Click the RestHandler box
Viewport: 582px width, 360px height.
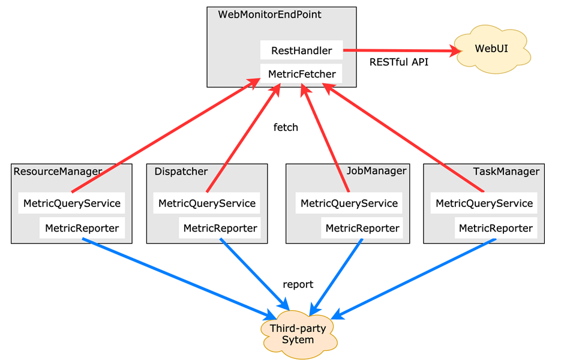point(301,51)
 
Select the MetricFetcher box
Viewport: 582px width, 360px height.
point(302,74)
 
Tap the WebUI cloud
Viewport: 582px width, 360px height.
point(491,49)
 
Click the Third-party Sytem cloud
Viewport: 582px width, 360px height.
point(298,334)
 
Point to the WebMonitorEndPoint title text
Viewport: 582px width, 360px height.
point(269,14)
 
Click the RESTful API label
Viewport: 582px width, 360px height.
point(399,62)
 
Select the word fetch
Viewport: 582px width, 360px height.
point(286,127)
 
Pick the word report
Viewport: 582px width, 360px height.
point(298,284)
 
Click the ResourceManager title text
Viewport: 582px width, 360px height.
point(58,172)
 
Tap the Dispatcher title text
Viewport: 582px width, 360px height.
point(181,172)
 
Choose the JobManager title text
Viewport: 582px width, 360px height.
point(376,171)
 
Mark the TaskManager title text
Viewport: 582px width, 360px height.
point(506,172)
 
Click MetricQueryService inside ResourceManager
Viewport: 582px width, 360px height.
point(72,203)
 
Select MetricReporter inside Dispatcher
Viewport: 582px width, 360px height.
point(220,228)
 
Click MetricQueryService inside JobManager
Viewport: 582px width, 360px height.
point(349,203)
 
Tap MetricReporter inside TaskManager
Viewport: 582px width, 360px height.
point(496,228)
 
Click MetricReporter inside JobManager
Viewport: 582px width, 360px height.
point(362,228)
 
